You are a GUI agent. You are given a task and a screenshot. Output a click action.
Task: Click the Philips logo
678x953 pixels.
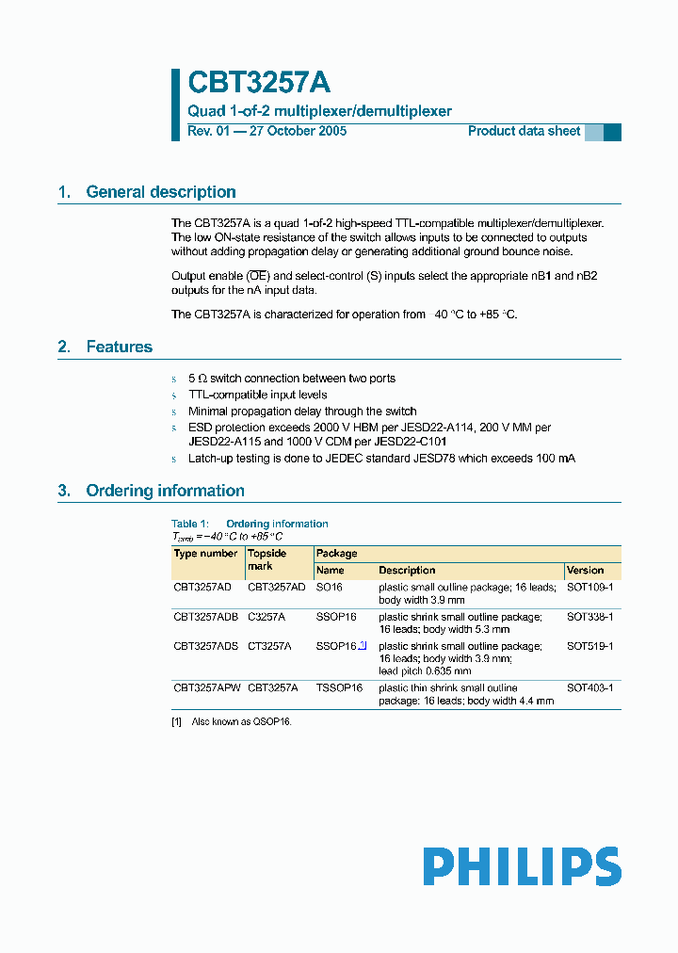(x=522, y=866)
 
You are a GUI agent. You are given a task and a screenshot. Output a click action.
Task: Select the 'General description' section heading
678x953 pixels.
(x=160, y=192)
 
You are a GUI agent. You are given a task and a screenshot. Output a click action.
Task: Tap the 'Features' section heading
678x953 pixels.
(x=119, y=347)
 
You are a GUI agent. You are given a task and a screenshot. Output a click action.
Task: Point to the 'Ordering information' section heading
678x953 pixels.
(x=165, y=491)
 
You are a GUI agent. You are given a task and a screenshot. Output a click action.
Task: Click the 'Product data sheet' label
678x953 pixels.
(x=524, y=131)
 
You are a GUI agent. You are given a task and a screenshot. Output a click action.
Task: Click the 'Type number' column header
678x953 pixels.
(x=205, y=554)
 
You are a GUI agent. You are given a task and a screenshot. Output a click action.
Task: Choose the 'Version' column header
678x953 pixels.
(x=585, y=571)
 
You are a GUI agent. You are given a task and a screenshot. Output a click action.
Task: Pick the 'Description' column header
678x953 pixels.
(x=407, y=571)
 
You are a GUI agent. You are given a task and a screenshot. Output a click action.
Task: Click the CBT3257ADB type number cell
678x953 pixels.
(x=205, y=617)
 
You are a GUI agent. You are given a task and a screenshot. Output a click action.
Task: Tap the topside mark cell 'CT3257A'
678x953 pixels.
(x=269, y=646)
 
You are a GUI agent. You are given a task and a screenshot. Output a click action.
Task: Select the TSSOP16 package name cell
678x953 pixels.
(x=339, y=688)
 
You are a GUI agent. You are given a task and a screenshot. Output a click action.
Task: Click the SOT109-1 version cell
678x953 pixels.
(x=589, y=587)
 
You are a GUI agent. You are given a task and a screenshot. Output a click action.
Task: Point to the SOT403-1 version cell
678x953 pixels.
(x=589, y=688)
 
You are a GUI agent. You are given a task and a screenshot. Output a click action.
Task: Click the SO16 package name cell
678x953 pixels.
(x=330, y=587)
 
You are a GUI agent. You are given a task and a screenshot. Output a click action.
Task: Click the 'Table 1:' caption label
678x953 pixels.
(x=190, y=524)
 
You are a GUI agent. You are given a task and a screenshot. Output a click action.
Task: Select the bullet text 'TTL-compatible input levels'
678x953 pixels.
(x=258, y=395)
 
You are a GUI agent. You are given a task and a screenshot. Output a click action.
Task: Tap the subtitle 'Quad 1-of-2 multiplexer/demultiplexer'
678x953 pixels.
(x=319, y=111)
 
